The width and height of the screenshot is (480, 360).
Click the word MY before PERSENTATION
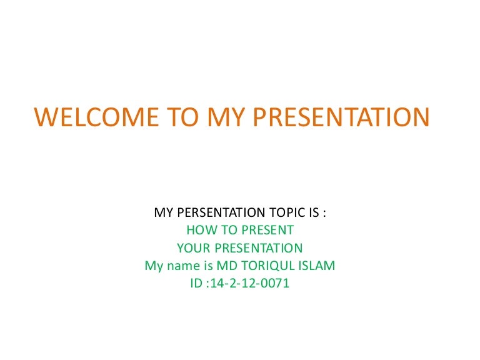pos(163,213)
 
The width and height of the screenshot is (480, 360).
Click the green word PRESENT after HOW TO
pos(267,231)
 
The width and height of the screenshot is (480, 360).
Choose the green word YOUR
pos(191,248)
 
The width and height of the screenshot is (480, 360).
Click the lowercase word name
pos(182,266)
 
